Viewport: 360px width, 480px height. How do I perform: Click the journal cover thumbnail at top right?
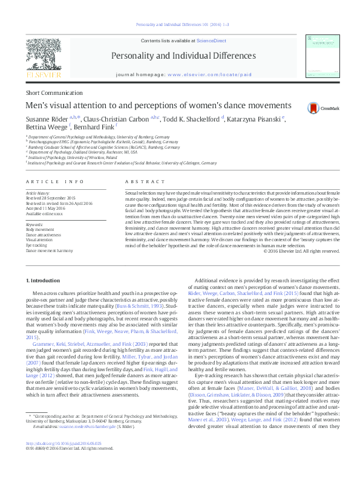pyautogui.click(x=319, y=55)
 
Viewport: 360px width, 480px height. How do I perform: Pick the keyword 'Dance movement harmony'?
pyautogui.click(x=49, y=250)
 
